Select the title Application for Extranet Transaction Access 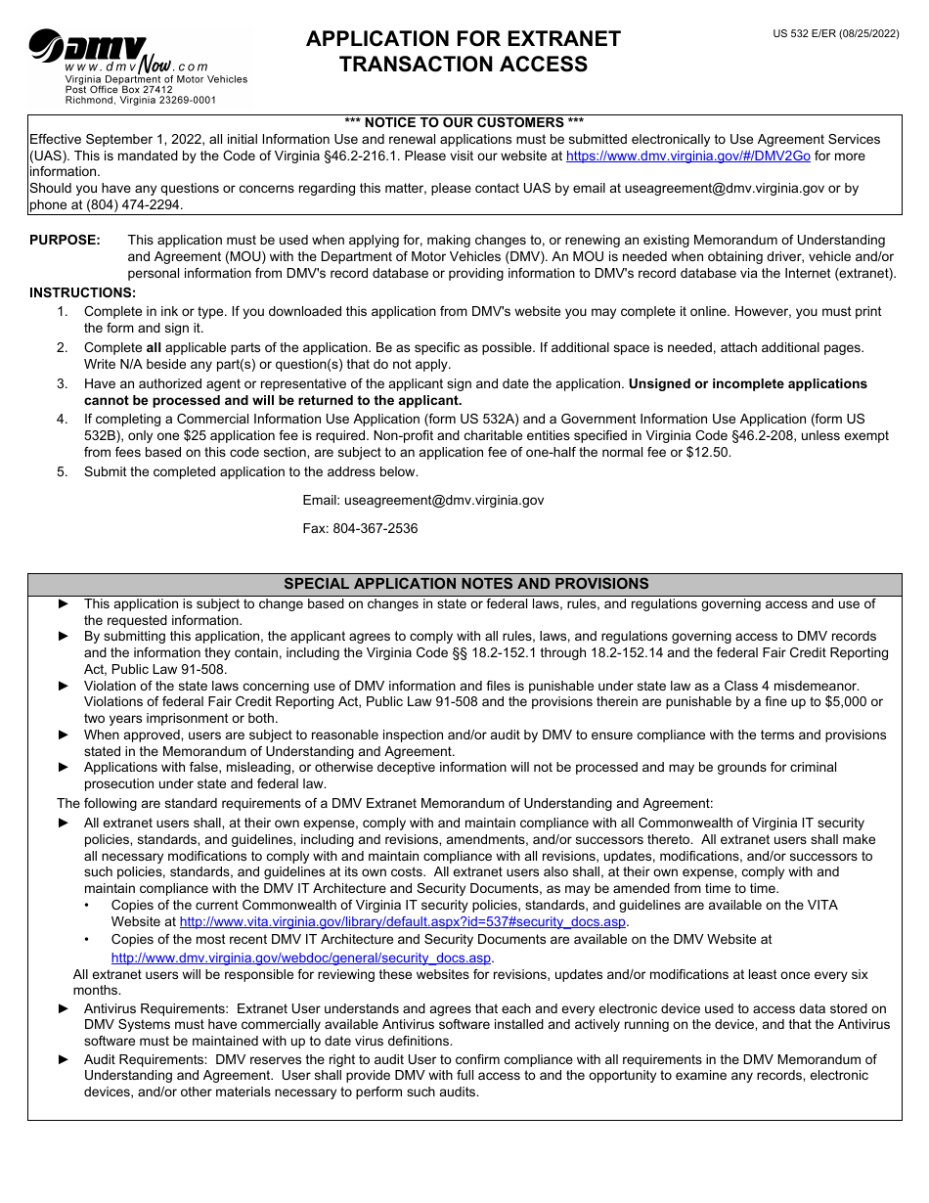point(464,52)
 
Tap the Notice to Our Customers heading point(464,122)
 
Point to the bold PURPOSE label point(65,240)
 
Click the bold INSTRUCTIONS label point(83,292)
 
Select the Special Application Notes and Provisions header point(465,584)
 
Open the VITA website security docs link point(403,921)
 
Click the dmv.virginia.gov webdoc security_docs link point(301,958)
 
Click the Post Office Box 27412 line point(119,89)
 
